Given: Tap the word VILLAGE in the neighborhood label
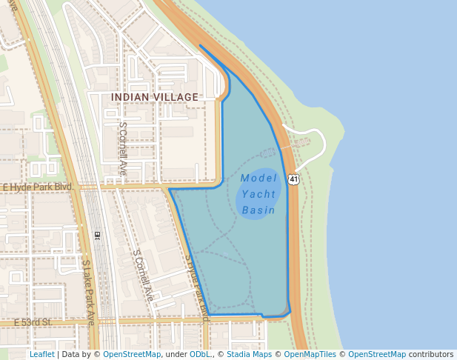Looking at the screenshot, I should pyautogui.click(x=175, y=97).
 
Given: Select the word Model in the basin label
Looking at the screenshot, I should pyautogui.click(x=258, y=179).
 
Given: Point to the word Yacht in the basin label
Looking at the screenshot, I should pyautogui.click(x=258, y=194).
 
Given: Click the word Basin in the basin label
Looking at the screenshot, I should pyautogui.click(x=258, y=210).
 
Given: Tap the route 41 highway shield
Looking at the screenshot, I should pyautogui.click(x=294, y=180).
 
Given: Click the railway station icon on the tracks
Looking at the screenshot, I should pyautogui.click(x=98, y=236).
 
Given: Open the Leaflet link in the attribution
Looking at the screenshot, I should pyautogui.click(x=41, y=355).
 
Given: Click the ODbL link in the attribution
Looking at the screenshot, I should pyautogui.click(x=200, y=355).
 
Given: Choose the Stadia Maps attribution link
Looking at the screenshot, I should pyautogui.click(x=247, y=355).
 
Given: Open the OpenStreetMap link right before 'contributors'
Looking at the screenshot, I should pyautogui.click(x=376, y=355).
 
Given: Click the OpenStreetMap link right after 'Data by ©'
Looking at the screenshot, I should pyautogui.click(x=131, y=355).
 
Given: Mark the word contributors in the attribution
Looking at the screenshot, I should pyautogui.click(x=431, y=355).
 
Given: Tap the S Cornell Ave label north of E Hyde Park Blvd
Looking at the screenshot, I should pyautogui.click(x=123, y=148).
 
